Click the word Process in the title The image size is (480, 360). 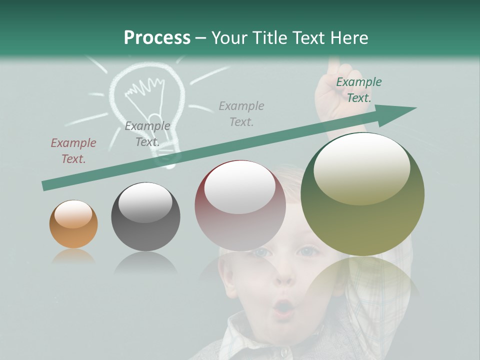point(157,37)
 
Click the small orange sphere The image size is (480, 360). point(73,223)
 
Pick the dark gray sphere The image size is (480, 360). point(145,216)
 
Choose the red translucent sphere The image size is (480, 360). point(240,205)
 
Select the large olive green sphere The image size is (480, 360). point(362,194)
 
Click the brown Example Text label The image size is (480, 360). point(73,151)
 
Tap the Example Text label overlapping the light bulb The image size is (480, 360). point(147,133)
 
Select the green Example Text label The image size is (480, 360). point(358,89)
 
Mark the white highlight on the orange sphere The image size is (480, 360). point(73,213)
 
